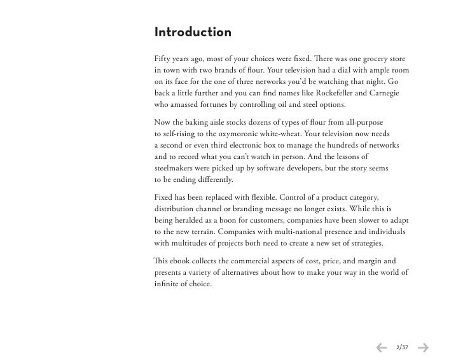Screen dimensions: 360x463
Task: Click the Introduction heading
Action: pyautogui.click(x=193, y=32)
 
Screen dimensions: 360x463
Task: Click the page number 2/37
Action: pyautogui.click(x=402, y=347)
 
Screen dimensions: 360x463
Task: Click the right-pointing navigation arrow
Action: pyautogui.click(x=423, y=347)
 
